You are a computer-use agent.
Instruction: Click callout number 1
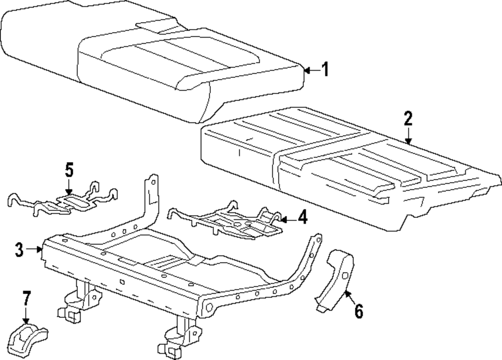pyautogui.click(x=325, y=70)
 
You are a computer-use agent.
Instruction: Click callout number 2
pyautogui.click(x=408, y=118)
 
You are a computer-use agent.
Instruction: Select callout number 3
pyautogui.click(x=19, y=249)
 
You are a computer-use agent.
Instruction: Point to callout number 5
pyautogui.click(x=69, y=170)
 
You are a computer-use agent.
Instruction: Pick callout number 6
pyautogui.click(x=358, y=311)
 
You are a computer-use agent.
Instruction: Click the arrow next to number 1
pyautogui.click(x=311, y=70)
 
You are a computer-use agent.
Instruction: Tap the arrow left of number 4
pyautogui.click(x=286, y=219)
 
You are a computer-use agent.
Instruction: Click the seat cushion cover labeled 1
pyautogui.click(x=151, y=55)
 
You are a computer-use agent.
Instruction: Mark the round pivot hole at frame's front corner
pyautogui.click(x=207, y=306)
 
